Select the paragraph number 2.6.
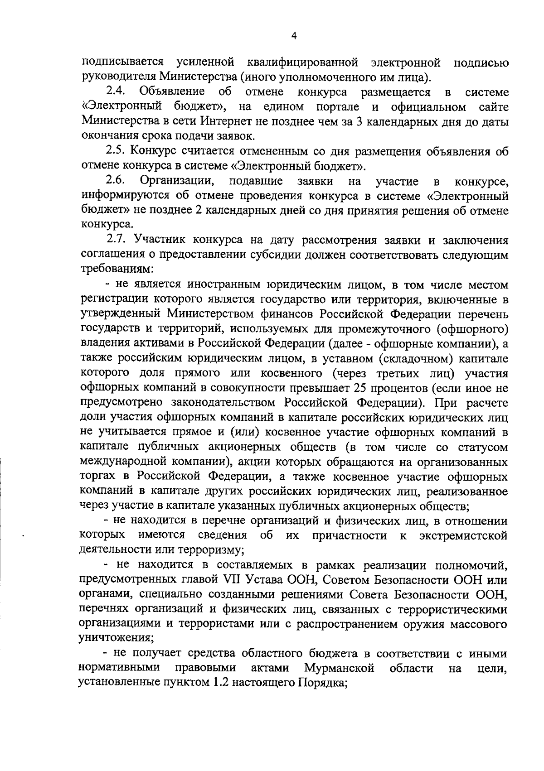[x=116, y=181]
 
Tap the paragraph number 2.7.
[x=117, y=240]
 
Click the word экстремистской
[x=462, y=535]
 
